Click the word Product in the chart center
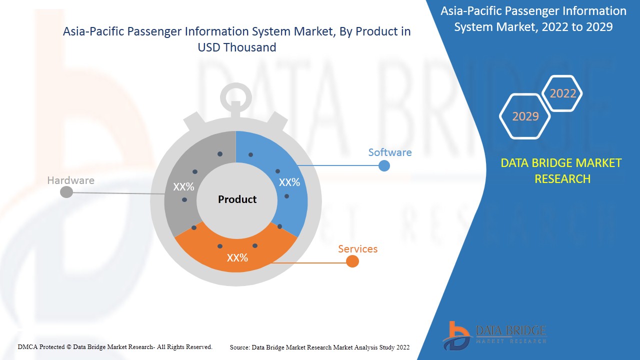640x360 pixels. click(237, 199)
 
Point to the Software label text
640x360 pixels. click(390, 152)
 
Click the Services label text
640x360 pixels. click(357, 249)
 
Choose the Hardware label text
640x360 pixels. click(70, 180)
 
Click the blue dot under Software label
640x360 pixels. click(384, 166)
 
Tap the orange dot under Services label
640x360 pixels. click(352, 261)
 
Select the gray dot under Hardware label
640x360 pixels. click(66, 192)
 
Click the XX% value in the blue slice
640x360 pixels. click(289, 182)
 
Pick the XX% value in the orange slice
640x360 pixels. click(237, 258)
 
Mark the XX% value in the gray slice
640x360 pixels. click(183, 187)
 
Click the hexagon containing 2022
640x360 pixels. click(562, 93)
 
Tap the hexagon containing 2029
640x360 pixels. click(525, 116)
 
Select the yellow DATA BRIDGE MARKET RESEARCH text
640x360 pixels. click(562, 170)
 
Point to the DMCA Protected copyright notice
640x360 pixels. click(115, 346)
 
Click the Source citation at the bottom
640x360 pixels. click(319, 347)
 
